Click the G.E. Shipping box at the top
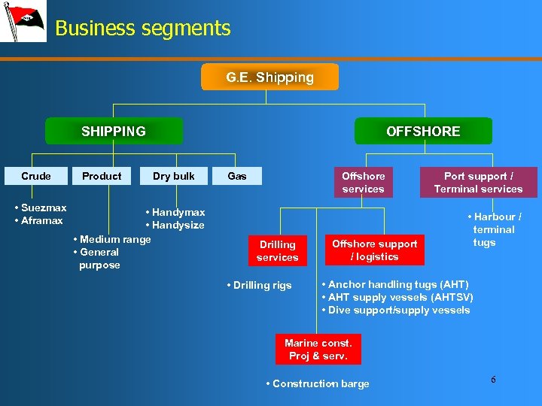tap(270, 77)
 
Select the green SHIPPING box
tap(114, 132)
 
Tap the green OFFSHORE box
tap(423, 132)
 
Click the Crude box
tap(36, 176)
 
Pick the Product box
tap(102, 176)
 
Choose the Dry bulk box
tap(173, 176)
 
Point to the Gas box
tap(237, 176)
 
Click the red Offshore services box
tap(363, 183)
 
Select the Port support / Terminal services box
tap(478, 183)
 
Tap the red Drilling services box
tap(277, 251)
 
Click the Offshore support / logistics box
tap(374, 250)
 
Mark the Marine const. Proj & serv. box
tap(318, 350)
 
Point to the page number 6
tap(493, 380)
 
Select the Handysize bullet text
tap(175, 226)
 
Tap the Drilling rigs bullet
tap(260, 286)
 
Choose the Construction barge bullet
tap(318, 384)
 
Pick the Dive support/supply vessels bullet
tap(396, 310)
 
